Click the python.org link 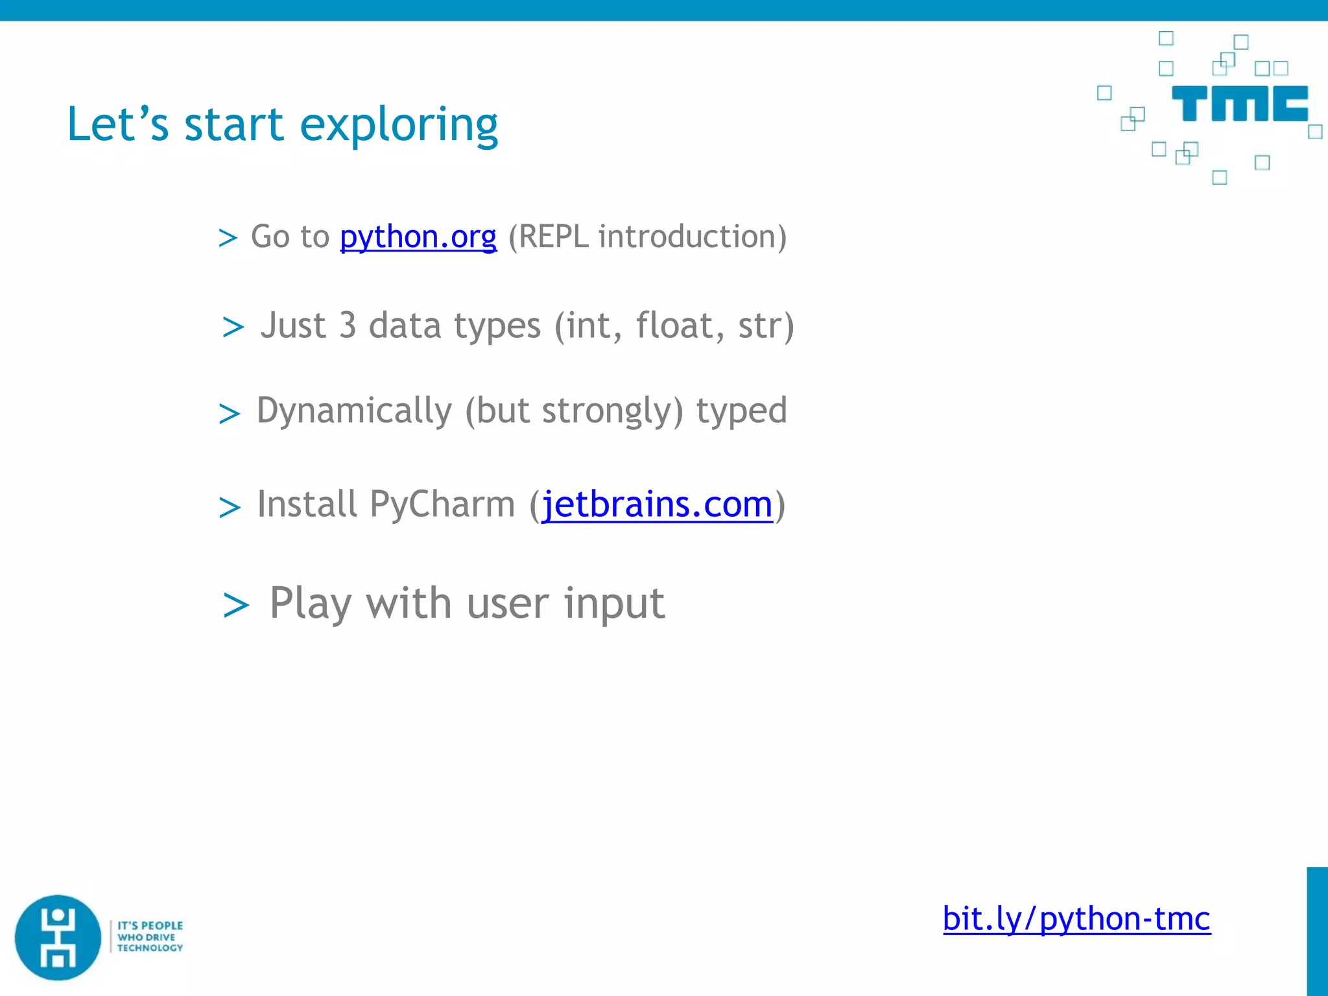[x=418, y=237]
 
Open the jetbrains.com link [x=657, y=504]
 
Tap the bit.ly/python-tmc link [x=1076, y=919]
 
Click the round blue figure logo [x=58, y=938]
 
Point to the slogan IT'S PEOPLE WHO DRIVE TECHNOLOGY [x=150, y=937]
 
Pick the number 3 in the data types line [x=348, y=326]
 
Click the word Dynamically [x=354, y=411]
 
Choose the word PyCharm [x=442, y=504]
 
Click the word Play [x=310, y=604]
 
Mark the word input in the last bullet [x=614, y=604]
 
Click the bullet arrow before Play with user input [x=235, y=606]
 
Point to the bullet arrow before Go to [x=228, y=238]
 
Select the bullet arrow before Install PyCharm [x=230, y=507]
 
